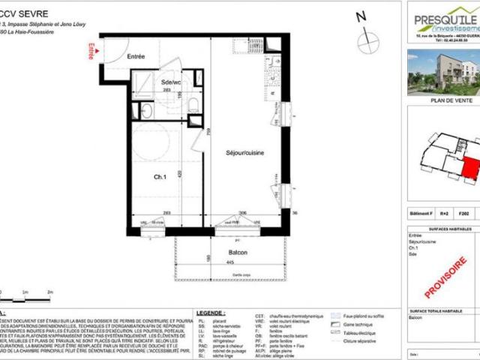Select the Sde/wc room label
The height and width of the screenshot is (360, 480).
pyautogui.click(x=172, y=82)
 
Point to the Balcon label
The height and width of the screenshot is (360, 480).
pyautogui.click(x=238, y=253)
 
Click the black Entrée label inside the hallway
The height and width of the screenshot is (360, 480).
pyautogui.click(x=136, y=56)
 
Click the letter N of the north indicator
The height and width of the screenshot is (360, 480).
pyautogui.click(x=361, y=16)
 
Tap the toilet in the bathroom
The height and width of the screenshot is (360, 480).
pyautogui.click(x=192, y=104)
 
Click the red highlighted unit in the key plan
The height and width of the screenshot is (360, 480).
pyautogui.click(x=469, y=160)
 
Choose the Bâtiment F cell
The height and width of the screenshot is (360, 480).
pyautogui.click(x=421, y=214)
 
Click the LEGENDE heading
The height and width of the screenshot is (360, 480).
pyautogui.click(x=211, y=311)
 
